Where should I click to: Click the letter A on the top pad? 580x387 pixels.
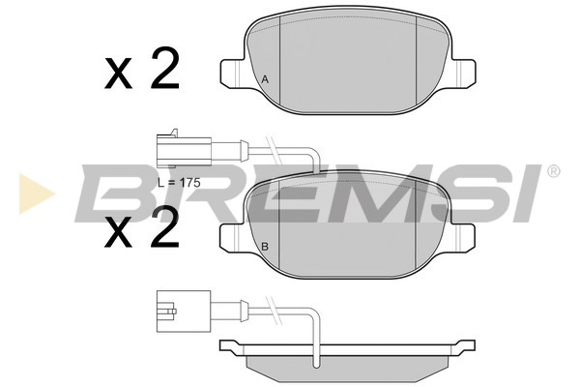pos(265,79)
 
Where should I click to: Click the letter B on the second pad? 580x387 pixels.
pos(265,247)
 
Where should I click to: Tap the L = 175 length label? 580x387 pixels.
pos(179,183)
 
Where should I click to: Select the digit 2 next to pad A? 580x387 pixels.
pos(165,69)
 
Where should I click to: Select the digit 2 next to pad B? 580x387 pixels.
pos(165,226)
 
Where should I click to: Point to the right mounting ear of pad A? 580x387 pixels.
pos(462,74)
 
